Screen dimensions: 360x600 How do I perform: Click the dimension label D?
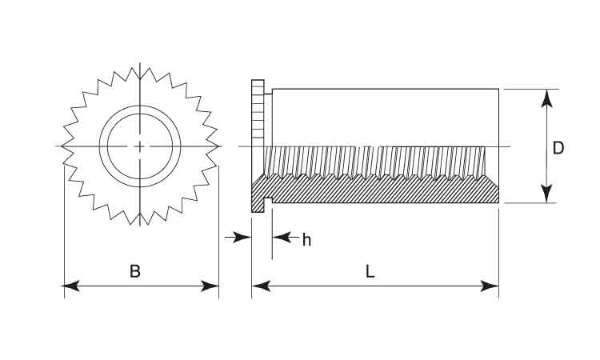(558, 147)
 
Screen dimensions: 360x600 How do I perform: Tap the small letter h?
(306, 239)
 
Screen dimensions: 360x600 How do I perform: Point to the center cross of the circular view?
(140, 146)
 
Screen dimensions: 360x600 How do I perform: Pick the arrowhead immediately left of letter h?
(279, 238)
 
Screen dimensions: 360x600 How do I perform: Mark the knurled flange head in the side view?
(258, 120)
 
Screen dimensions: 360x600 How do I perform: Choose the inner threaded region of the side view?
(376, 160)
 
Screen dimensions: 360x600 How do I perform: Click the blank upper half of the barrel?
(384, 116)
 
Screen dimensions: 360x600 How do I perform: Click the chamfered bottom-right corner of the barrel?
(496, 195)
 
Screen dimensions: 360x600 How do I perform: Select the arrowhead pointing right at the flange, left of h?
(244, 238)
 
